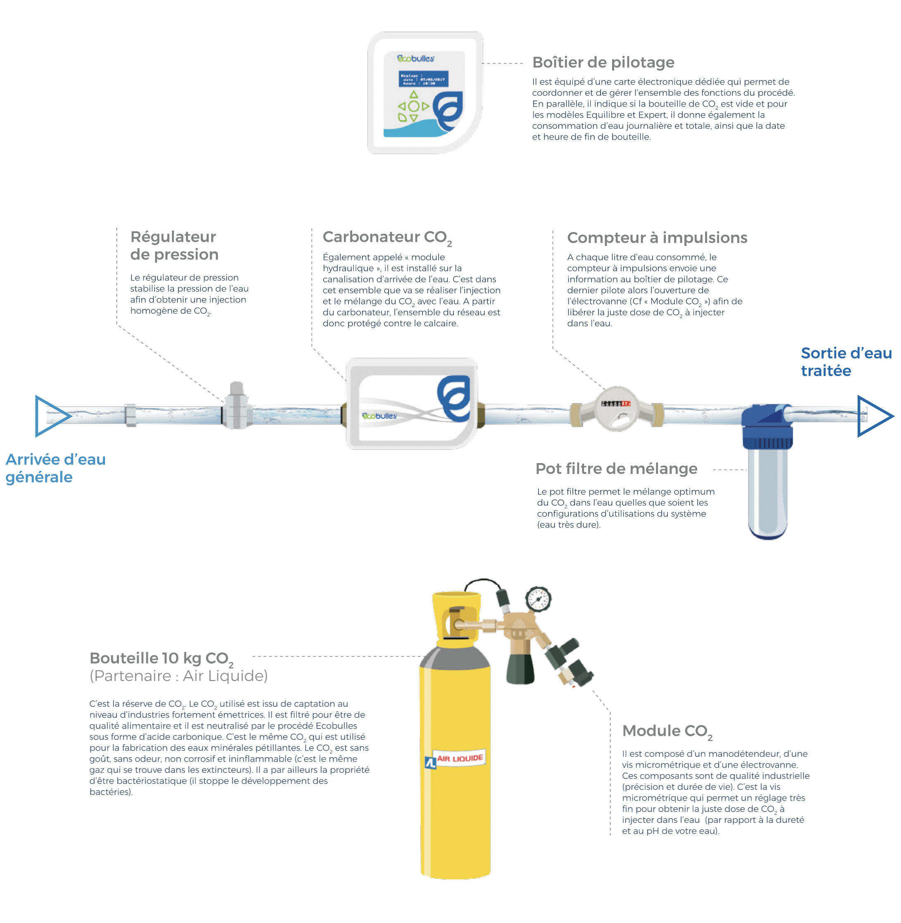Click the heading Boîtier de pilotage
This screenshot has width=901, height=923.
point(603,62)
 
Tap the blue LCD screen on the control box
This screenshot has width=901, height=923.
point(423,79)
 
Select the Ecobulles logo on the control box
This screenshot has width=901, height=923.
point(415,59)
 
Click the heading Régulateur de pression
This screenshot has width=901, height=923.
point(174,245)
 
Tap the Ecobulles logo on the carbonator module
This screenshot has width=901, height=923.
point(379,416)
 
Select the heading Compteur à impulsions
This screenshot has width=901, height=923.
point(657,238)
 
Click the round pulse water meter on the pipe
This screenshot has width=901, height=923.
point(616,409)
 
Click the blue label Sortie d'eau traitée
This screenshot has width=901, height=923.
point(846,362)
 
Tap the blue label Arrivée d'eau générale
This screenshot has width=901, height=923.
point(55,468)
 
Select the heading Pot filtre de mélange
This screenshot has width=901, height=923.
point(616,469)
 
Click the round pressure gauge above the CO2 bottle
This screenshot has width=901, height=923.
point(538,600)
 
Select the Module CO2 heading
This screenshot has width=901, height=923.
point(667,731)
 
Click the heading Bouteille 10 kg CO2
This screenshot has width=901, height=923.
point(161,659)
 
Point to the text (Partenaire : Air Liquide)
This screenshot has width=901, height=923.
point(179,676)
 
